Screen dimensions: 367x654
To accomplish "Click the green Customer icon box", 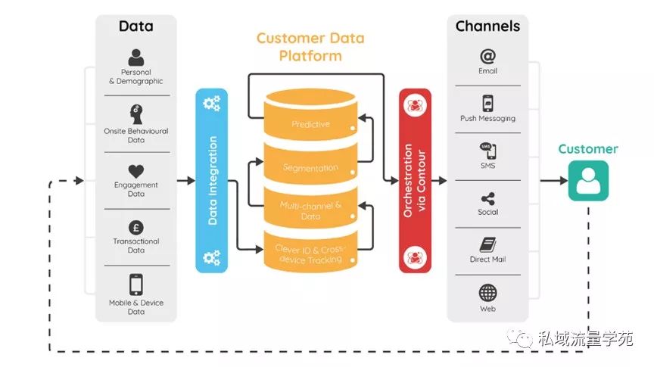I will point(588,181).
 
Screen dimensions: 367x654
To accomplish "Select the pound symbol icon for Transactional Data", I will point(136,226).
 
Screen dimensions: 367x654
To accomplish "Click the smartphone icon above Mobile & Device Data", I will point(136,285).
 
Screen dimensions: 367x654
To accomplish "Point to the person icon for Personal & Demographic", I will point(136,58).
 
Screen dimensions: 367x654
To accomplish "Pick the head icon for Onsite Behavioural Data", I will point(136,114).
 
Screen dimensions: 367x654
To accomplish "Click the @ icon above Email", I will point(487,55).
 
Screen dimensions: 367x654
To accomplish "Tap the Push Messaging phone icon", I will point(487,103).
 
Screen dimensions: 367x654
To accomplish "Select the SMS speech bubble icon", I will point(487,150).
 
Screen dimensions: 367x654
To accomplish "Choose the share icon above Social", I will point(487,198).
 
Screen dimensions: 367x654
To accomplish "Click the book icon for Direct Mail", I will point(487,245).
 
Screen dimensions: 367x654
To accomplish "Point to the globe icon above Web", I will point(487,293).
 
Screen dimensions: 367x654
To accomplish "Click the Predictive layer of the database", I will point(310,123).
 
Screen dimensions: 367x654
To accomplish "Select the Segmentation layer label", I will point(310,166).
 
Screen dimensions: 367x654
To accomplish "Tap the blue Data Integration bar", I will point(212,181).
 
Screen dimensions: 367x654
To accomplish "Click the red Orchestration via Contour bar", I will point(415,181).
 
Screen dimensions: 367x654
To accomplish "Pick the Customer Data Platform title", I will point(310,47).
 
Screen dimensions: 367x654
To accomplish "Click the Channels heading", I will point(487,26).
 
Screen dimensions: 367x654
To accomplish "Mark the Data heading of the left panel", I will point(136,26).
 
